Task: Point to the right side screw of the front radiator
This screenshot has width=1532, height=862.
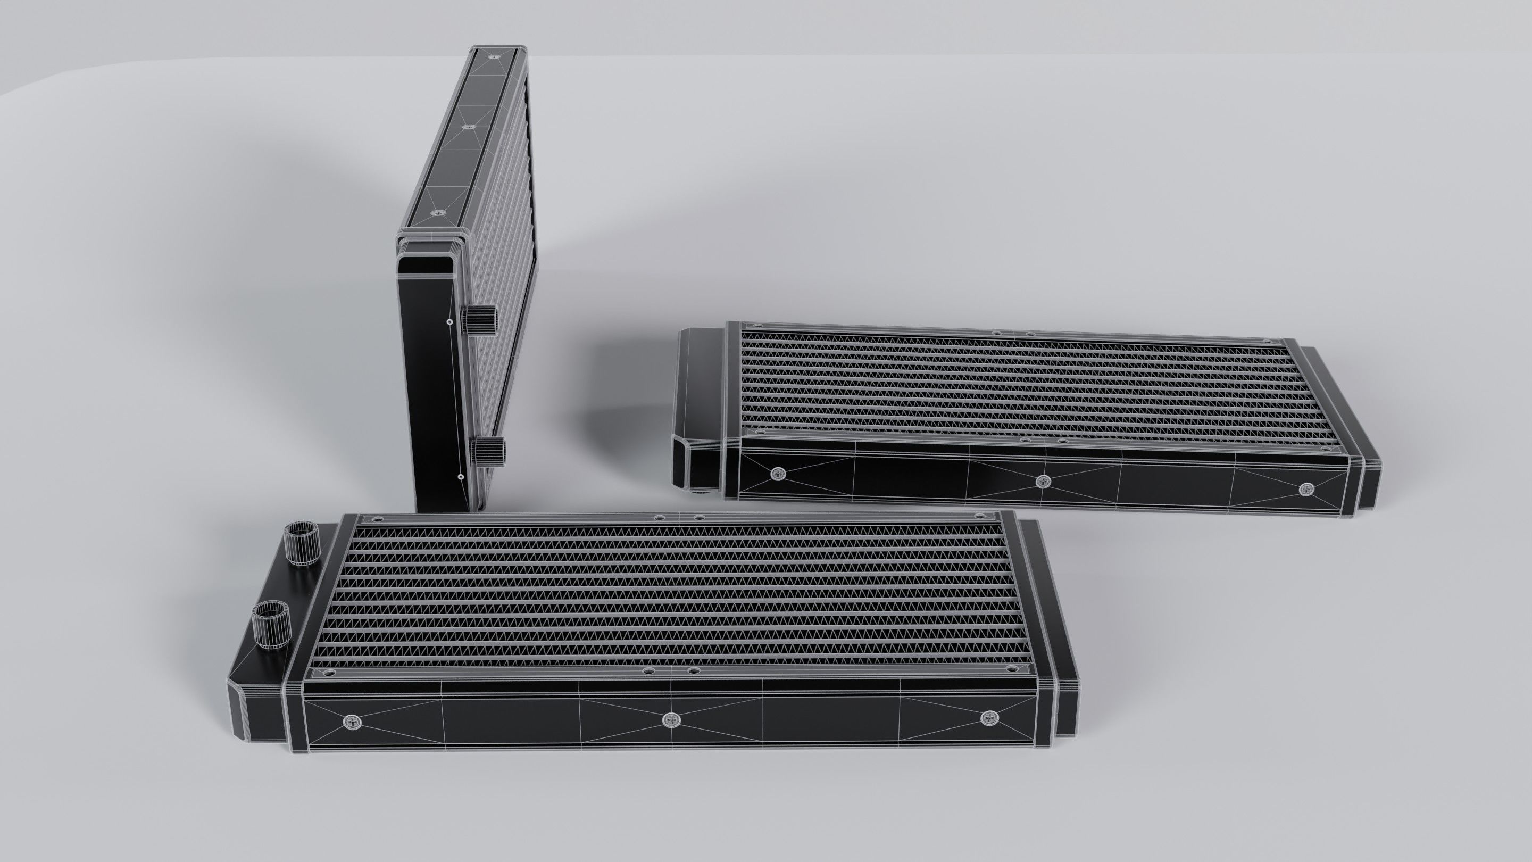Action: tap(988, 718)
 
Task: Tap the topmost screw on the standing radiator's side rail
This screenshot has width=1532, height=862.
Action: tap(494, 57)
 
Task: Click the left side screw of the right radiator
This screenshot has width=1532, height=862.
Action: tap(778, 474)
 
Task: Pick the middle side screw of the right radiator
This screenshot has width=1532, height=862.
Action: tap(1042, 480)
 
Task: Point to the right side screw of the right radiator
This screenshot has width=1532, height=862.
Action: tap(1305, 489)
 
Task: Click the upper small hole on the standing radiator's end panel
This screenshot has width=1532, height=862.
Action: tap(449, 322)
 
